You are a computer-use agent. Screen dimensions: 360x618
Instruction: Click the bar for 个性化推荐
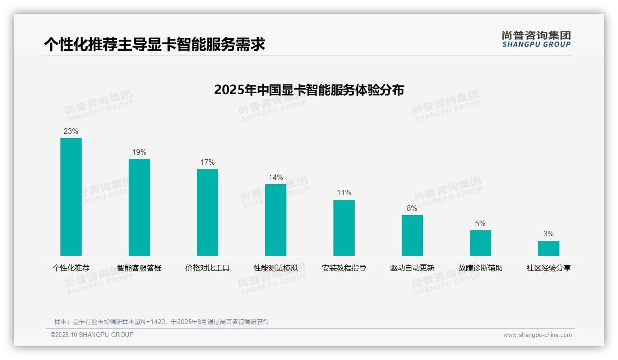(x=71, y=197)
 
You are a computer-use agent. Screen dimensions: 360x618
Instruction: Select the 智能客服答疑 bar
(x=139, y=207)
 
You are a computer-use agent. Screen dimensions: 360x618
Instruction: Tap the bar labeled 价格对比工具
(x=208, y=212)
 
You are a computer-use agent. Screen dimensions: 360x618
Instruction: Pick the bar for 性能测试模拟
(x=276, y=220)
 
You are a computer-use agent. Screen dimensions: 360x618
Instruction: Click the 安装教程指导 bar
(x=344, y=228)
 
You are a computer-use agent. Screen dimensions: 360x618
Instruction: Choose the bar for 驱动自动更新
(x=412, y=235)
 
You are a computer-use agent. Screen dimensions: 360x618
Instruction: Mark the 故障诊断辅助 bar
(x=481, y=243)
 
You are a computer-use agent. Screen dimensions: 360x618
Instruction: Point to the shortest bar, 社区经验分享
(x=548, y=248)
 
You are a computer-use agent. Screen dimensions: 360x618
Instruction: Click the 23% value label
(x=71, y=132)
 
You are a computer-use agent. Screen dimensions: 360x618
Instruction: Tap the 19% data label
(x=139, y=152)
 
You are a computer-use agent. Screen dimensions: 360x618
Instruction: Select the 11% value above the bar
(x=344, y=193)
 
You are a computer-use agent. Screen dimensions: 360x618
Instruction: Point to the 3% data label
(x=548, y=234)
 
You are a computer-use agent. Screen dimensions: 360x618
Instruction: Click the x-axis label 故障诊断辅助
(x=481, y=268)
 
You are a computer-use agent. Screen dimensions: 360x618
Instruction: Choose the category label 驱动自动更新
(x=412, y=268)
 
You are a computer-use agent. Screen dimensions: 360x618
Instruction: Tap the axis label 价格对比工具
(x=208, y=268)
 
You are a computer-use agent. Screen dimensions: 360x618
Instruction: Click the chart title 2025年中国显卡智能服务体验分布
(x=309, y=90)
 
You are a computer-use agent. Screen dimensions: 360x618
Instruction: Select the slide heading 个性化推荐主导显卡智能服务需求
(x=154, y=45)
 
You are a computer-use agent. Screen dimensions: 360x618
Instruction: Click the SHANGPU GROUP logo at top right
(x=536, y=39)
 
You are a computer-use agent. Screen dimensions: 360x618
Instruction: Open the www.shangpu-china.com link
(x=537, y=335)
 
